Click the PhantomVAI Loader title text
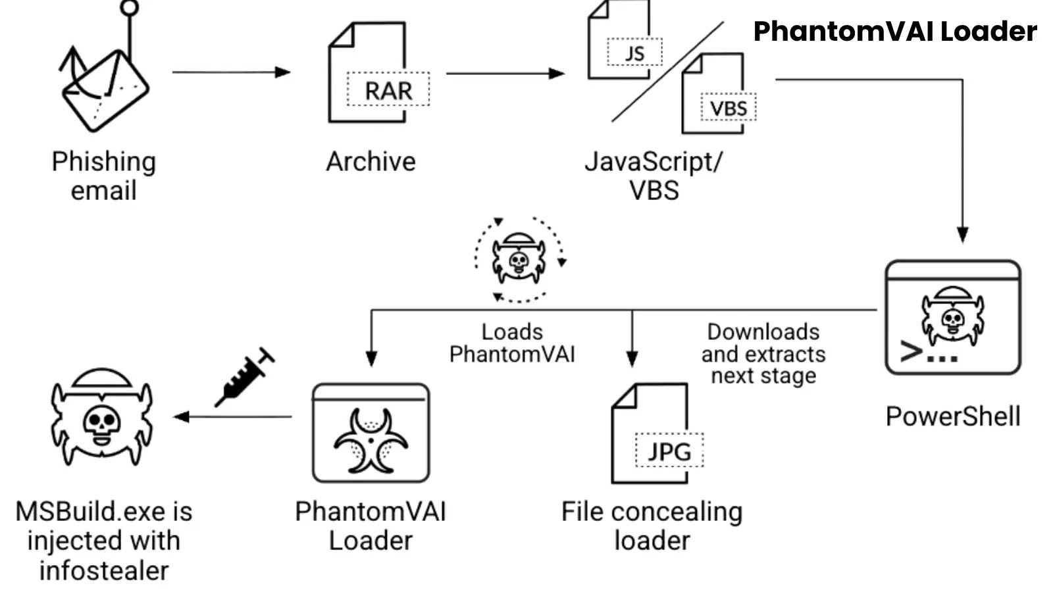tap(894, 32)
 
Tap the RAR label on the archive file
tap(388, 90)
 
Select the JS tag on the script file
tap(634, 53)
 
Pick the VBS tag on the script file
tap(728, 108)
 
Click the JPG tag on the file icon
tap(669, 451)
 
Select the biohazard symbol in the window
tap(371, 440)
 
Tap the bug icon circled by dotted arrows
tap(519, 259)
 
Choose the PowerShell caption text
tap(952, 416)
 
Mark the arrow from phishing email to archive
tap(230, 72)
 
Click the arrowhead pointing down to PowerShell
tap(962, 235)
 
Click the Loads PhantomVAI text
tap(512, 343)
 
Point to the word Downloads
tap(763, 332)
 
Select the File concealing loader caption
tap(652, 526)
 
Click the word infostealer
tap(104, 570)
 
